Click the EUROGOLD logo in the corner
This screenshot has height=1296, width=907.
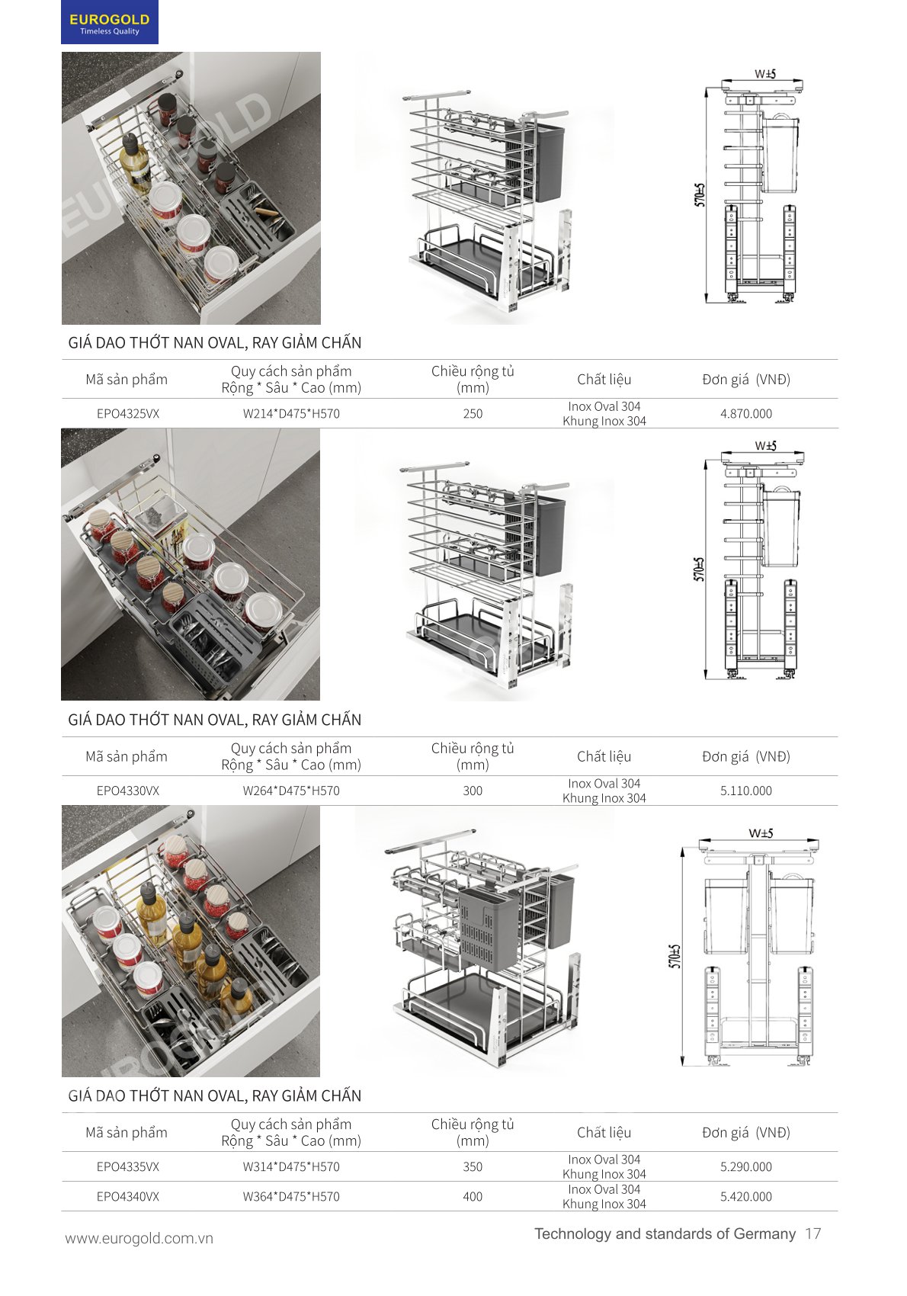(x=109, y=22)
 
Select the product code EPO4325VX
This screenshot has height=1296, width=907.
(x=128, y=414)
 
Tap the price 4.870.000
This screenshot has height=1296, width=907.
(x=745, y=414)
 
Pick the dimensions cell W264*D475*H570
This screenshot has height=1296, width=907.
(x=291, y=791)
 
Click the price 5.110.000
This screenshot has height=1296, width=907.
(x=745, y=791)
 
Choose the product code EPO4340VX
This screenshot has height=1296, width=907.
(x=128, y=1196)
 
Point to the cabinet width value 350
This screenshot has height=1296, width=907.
(x=473, y=1166)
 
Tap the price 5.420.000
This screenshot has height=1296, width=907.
(x=745, y=1196)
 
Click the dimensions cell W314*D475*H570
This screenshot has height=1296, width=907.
(x=291, y=1166)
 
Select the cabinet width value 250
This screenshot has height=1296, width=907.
(x=473, y=414)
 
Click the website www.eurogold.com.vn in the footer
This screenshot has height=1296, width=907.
(x=139, y=1238)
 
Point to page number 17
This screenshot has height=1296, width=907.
(x=812, y=1233)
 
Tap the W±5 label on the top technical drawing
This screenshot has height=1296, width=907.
(x=764, y=73)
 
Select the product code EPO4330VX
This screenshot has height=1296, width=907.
(x=128, y=791)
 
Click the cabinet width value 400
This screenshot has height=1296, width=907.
(x=473, y=1196)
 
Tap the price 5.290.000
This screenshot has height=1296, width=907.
(x=745, y=1166)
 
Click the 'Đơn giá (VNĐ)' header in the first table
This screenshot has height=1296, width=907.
(x=745, y=379)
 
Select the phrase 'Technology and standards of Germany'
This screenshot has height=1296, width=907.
(x=665, y=1233)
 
